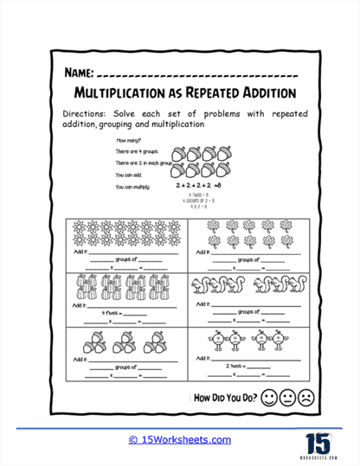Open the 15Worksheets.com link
[x=180, y=439]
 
